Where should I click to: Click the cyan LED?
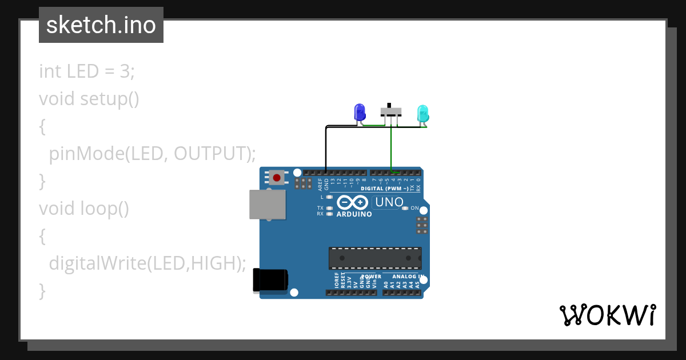[422, 112]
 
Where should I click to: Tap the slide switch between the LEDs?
[391, 111]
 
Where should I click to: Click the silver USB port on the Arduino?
[267, 205]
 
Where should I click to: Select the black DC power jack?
[270, 281]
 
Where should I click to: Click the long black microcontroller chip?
[375, 258]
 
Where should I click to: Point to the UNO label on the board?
[390, 202]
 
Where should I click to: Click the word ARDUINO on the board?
[354, 214]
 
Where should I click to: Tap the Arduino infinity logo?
[352, 202]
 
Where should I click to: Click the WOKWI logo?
[607, 315]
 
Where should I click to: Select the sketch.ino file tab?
[101, 25]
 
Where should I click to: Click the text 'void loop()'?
[84, 209]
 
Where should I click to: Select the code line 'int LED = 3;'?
[87, 71]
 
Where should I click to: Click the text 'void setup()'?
[89, 99]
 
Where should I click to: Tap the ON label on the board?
[415, 208]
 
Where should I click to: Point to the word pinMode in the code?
[86, 154]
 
